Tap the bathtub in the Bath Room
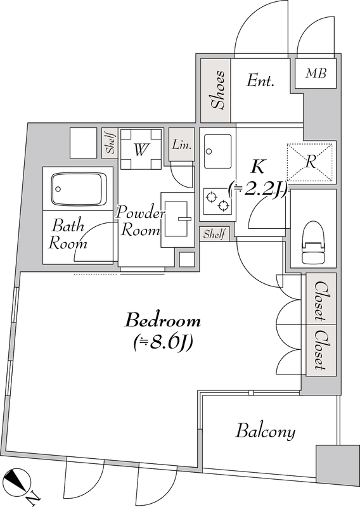(79, 188)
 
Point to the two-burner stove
(217, 201)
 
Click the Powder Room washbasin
(177, 219)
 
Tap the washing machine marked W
(141, 149)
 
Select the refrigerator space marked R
(310, 162)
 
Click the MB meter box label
(316, 74)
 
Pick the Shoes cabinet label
(217, 90)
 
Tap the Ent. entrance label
(260, 80)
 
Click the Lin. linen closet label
(181, 144)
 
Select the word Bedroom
(163, 321)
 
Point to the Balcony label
(266, 432)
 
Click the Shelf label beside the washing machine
(110, 143)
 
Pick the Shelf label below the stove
(214, 234)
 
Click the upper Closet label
(320, 300)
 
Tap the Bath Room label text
(68, 234)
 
